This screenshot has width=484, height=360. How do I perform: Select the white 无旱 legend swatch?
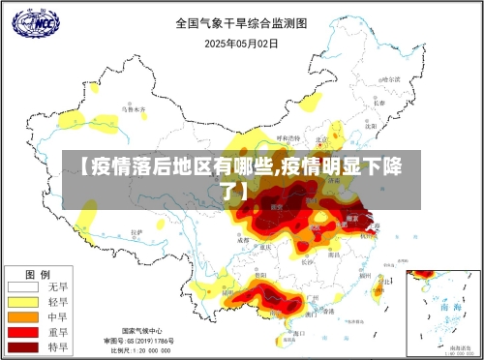coord(23,287)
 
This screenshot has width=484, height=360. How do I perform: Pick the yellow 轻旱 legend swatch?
coord(23,302)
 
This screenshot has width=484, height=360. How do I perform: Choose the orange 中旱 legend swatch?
coord(23,316)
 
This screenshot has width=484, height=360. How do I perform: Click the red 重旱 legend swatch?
coord(23,331)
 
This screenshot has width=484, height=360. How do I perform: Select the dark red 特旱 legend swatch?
coord(23,345)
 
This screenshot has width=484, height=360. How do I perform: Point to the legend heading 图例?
coord(38,273)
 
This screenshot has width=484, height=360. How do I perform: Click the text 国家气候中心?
coord(140,331)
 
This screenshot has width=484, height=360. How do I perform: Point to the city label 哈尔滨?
coord(387,79)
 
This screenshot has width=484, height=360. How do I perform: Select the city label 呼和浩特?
coord(288,137)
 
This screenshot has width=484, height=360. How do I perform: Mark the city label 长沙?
coord(307,260)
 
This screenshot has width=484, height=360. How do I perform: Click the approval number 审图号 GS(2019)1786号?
coord(140,341)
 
